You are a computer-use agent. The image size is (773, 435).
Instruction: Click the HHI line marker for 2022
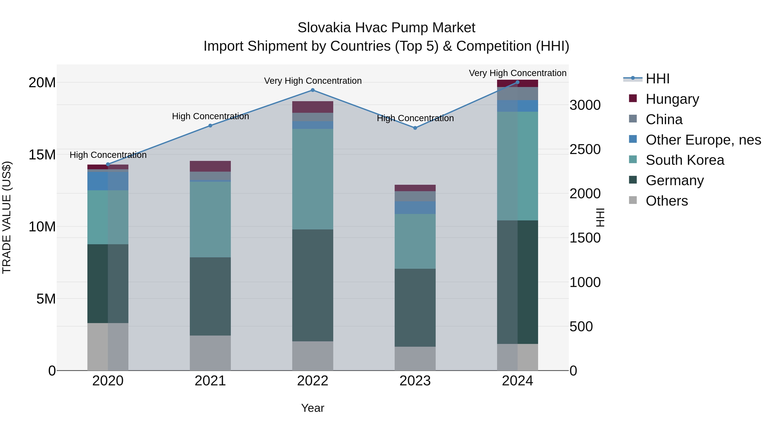312,90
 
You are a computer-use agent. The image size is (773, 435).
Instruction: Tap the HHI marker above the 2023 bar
415,128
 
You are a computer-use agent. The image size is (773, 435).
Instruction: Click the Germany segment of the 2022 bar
312,285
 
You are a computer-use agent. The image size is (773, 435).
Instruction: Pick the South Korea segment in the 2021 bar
210,219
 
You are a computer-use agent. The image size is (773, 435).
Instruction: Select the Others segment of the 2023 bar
415,359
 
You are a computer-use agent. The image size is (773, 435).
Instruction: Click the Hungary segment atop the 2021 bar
210,166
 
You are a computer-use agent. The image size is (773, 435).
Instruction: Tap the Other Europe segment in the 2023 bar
415,208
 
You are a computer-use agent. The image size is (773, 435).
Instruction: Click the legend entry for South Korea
685,160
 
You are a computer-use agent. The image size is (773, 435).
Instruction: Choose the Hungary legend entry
672,99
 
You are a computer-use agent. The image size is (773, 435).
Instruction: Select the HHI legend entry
657,79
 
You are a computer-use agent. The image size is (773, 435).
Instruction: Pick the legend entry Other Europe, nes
703,140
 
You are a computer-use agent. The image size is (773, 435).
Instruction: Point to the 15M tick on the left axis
42,155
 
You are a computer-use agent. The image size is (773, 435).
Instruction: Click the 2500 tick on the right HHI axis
585,150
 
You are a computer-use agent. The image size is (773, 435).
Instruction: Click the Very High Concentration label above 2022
313,81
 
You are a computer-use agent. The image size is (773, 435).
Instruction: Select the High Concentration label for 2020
108,155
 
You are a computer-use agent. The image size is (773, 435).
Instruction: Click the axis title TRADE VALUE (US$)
7,217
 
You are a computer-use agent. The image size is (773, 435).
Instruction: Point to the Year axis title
312,408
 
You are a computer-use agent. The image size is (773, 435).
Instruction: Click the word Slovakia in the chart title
324,28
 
